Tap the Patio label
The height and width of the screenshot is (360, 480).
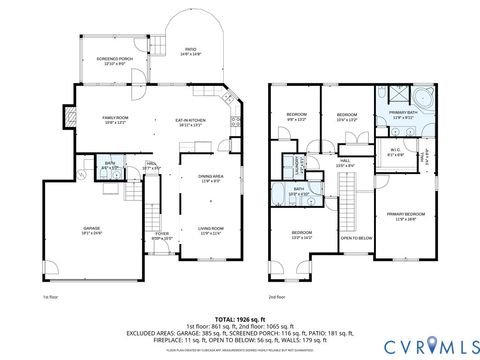pyautogui.click(x=189, y=52)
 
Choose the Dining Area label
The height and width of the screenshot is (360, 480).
pyautogui.click(x=210, y=178)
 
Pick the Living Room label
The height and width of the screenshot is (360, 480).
pyautogui.click(x=210, y=230)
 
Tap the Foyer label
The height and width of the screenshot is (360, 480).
pyautogui.click(x=162, y=237)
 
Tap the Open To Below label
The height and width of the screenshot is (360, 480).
pyautogui.click(x=356, y=238)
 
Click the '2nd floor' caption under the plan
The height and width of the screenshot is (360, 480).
pyautogui.click(x=277, y=298)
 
